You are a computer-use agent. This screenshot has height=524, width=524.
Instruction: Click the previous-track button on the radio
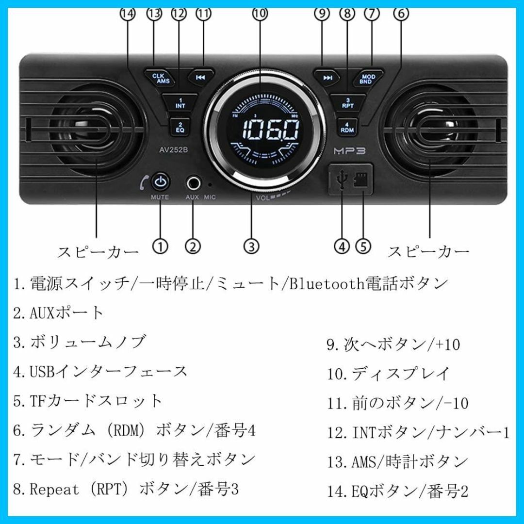coord(200,78)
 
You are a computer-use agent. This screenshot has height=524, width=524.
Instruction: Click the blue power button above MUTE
coord(161,182)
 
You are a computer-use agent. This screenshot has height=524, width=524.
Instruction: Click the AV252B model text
coord(173,150)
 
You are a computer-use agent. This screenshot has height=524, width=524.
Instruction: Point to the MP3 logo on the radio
coord(349,151)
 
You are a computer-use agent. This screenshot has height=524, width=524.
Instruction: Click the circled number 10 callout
coord(260,14)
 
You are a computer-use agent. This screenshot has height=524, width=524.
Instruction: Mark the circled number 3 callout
coord(251,246)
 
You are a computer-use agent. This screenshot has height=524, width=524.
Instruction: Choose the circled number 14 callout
coord(128,14)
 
